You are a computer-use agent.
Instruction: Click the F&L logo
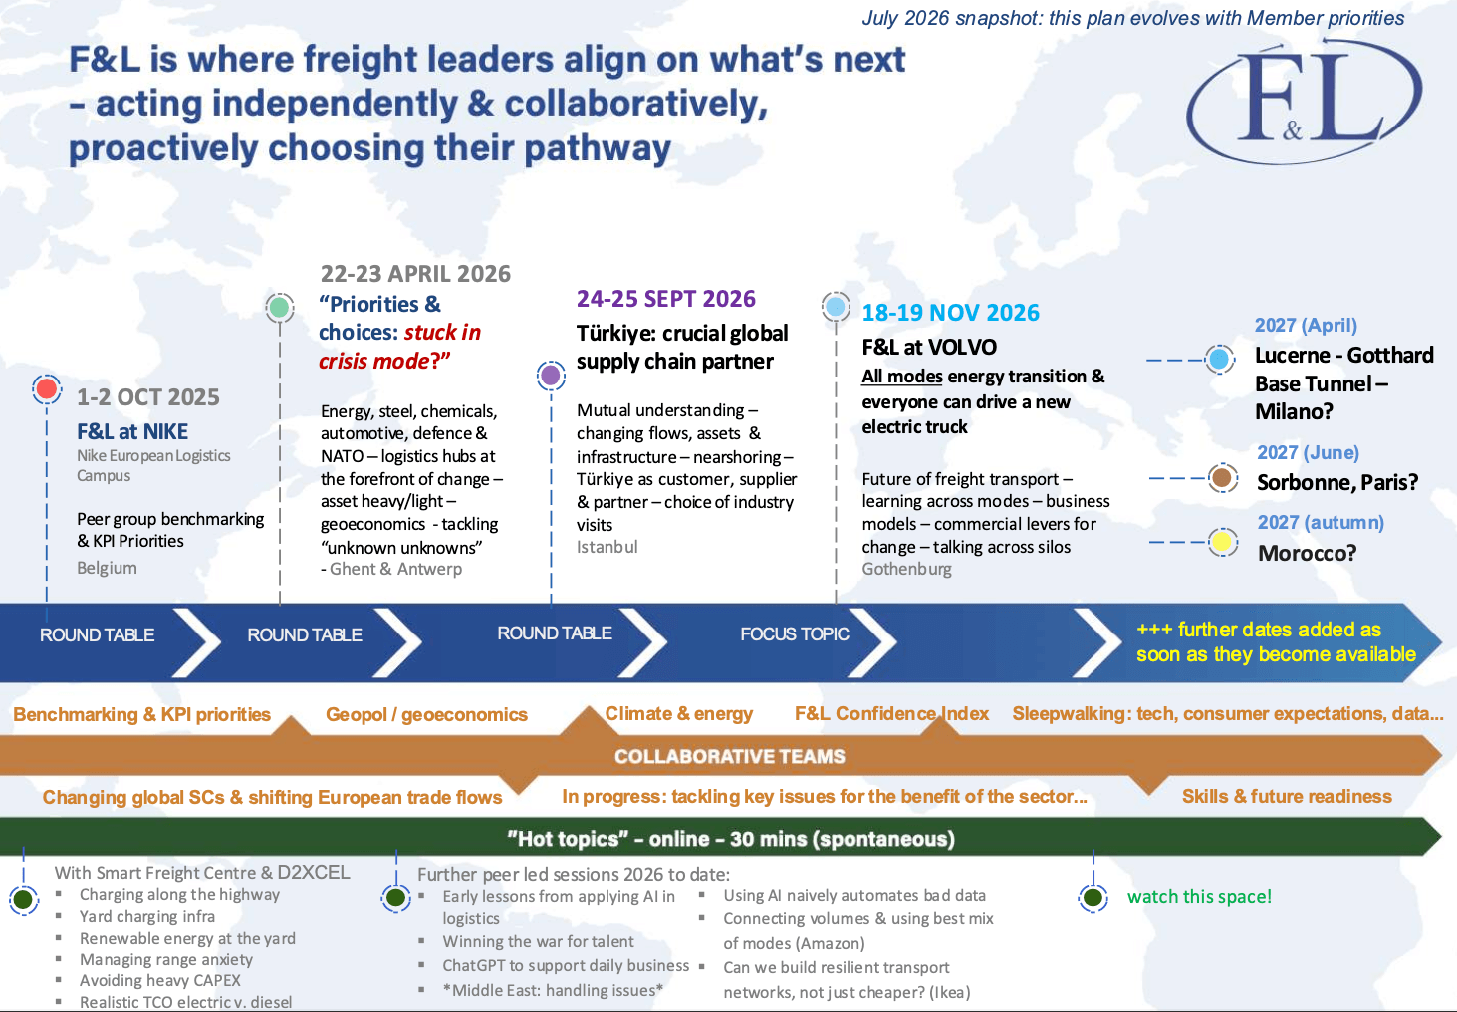tap(1305, 101)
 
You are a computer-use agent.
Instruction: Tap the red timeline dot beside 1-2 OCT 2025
tap(47, 388)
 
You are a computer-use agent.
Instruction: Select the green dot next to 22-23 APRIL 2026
tap(280, 307)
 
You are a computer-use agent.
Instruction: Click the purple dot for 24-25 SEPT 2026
tap(551, 376)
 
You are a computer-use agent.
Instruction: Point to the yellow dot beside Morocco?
tap(1222, 543)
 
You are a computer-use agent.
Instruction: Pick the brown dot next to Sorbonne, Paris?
tap(1222, 478)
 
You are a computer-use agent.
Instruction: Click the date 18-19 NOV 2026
tap(950, 313)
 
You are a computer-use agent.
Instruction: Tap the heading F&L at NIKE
tap(132, 432)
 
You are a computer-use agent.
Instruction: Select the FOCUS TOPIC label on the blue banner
tap(794, 634)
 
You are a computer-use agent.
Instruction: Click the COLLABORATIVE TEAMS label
tap(730, 756)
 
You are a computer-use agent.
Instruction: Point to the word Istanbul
tap(607, 547)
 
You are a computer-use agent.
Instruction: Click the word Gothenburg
tap(906, 569)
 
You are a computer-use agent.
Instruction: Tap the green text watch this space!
tap(1199, 897)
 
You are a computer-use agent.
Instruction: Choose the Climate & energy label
tap(678, 714)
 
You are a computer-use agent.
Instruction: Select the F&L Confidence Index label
tap(891, 714)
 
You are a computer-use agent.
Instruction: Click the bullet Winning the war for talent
tap(538, 941)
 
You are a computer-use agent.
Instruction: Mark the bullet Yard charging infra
tap(147, 917)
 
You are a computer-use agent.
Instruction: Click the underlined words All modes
tap(902, 377)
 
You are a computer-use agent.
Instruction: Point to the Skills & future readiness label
tap(1287, 797)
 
